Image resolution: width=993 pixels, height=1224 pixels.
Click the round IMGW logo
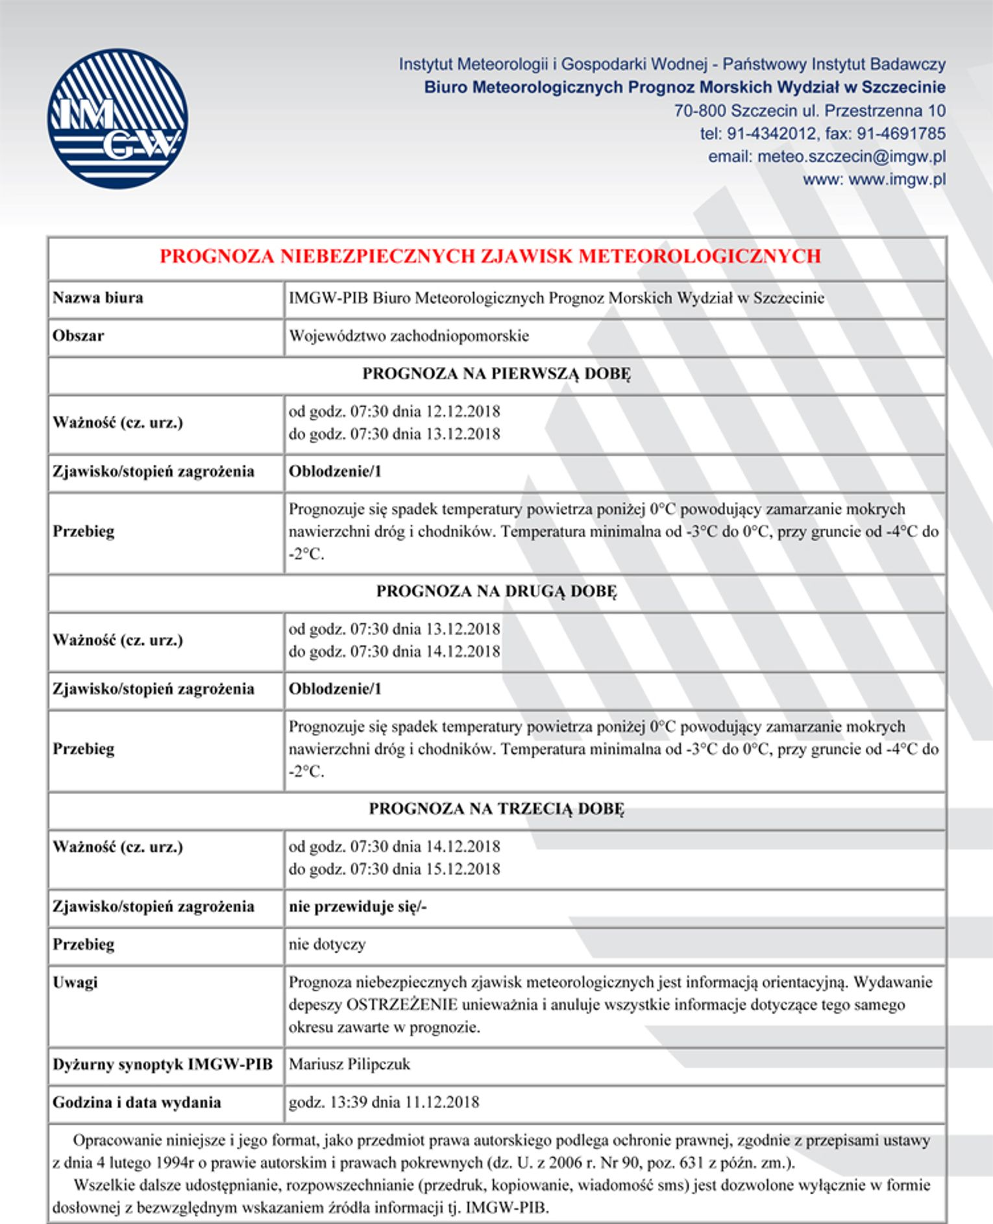pos(117,119)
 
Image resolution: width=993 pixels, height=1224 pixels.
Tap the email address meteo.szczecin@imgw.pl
pos(851,156)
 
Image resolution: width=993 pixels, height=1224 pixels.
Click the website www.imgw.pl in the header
pos(896,179)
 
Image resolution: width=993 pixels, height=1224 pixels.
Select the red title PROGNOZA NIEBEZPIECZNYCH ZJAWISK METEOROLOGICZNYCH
pos(490,256)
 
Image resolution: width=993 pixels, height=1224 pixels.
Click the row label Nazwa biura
pos(98,298)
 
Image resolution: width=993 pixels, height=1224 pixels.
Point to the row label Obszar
pos(79,336)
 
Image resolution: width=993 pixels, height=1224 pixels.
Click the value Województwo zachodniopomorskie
pos(409,336)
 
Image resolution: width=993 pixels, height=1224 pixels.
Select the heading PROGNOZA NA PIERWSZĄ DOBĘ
pos(496,374)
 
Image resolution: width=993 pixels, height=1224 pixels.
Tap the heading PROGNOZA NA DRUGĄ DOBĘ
pos(496,592)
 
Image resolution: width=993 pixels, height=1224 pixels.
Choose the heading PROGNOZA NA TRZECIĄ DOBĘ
pos(496,809)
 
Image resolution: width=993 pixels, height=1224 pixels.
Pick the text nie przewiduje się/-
pos(358,906)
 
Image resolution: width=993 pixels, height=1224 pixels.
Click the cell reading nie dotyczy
pos(327,944)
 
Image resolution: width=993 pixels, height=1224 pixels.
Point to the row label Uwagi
pos(75,982)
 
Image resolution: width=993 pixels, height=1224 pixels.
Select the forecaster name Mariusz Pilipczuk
pos(349,1064)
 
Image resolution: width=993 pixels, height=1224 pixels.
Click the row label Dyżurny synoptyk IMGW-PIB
pos(162,1064)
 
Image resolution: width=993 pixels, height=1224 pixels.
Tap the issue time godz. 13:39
pos(326,1102)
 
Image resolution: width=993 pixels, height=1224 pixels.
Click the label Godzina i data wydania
pos(137,1102)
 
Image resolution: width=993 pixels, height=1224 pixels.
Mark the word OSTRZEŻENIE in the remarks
pos(402,1005)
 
